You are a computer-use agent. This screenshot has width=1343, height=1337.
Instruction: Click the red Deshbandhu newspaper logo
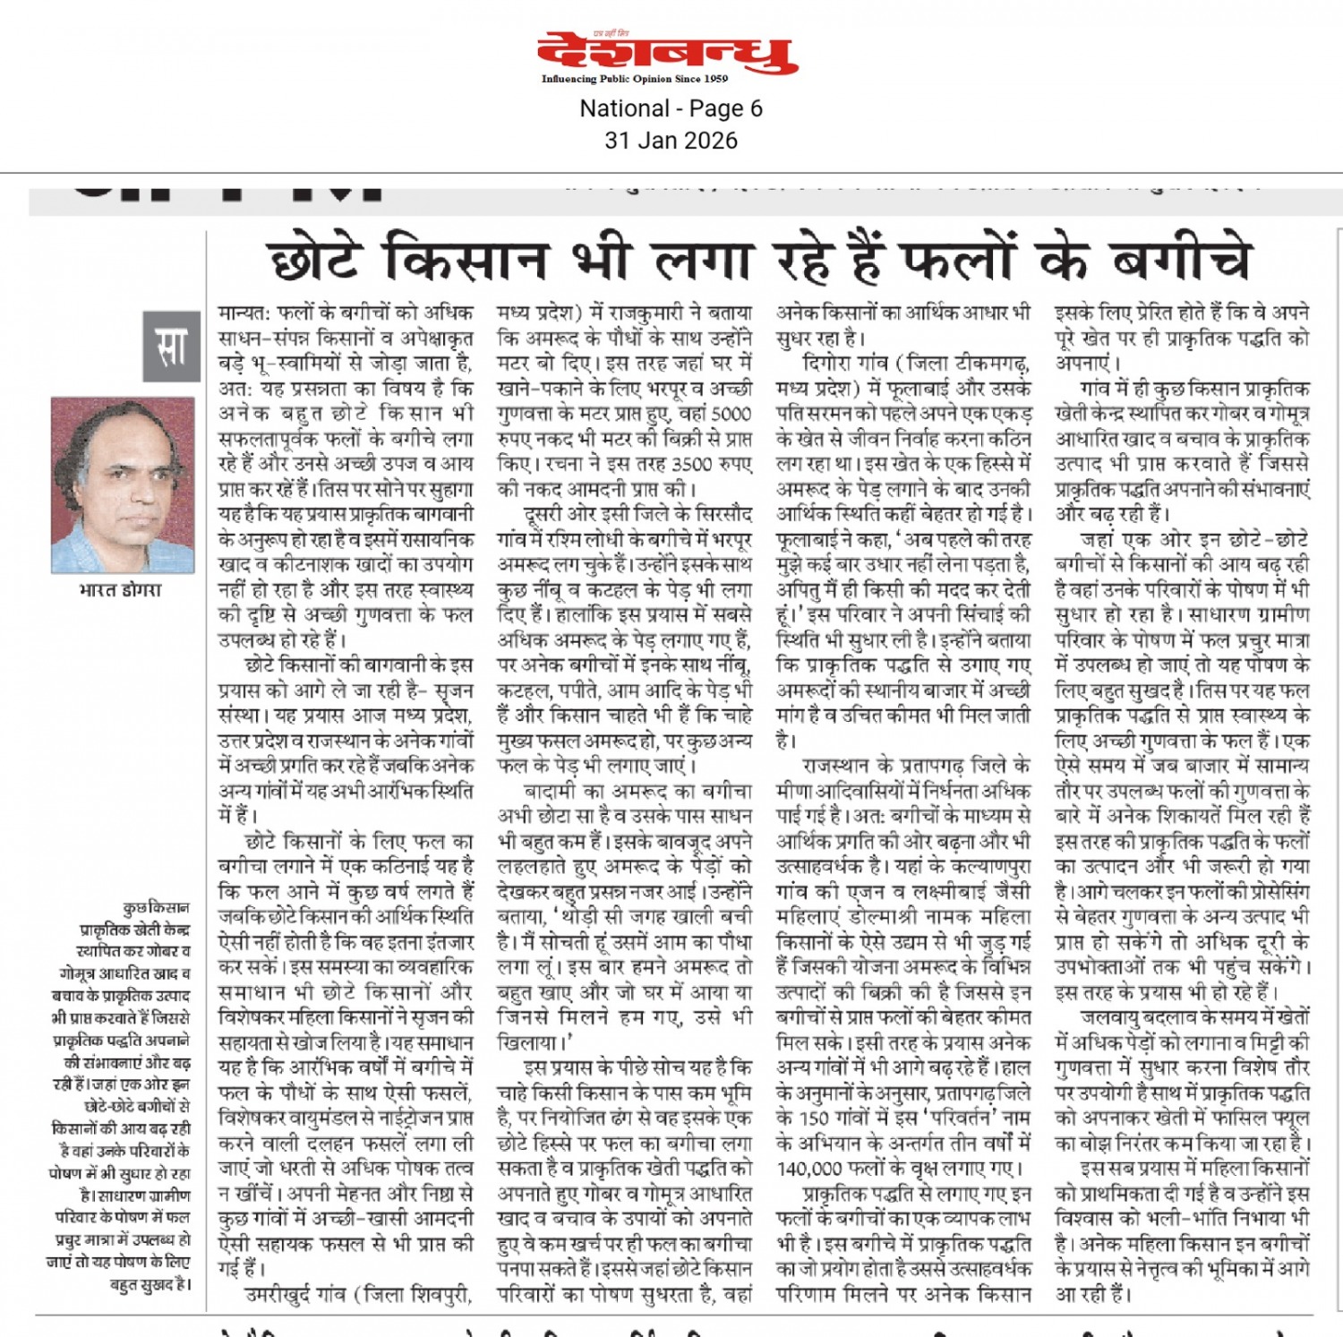pyautogui.click(x=668, y=54)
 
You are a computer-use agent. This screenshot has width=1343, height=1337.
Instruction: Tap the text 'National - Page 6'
pyautogui.click(x=671, y=109)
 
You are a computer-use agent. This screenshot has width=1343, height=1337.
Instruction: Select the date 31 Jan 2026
pyautogui.click(x=671, y=141)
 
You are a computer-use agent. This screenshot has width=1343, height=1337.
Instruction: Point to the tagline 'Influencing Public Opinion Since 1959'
pyautogui.click(x=634, y=79)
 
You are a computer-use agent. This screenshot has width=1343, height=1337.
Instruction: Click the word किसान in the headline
pyautogui.click(x=466, y=260)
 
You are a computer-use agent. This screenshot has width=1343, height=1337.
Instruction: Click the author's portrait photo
pyautogui.click(x=123, y=484)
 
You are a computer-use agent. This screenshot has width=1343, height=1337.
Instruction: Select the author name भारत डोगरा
pyautogui.click(x=121, y=590)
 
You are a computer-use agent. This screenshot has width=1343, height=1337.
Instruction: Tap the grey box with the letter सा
pyautogui.click(x=171, y=347)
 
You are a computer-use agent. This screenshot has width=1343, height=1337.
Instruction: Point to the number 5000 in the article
pyautogui.click(x=731, y=414)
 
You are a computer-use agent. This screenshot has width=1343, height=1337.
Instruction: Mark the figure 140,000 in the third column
pyautogui.click(x=810, y=1169)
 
